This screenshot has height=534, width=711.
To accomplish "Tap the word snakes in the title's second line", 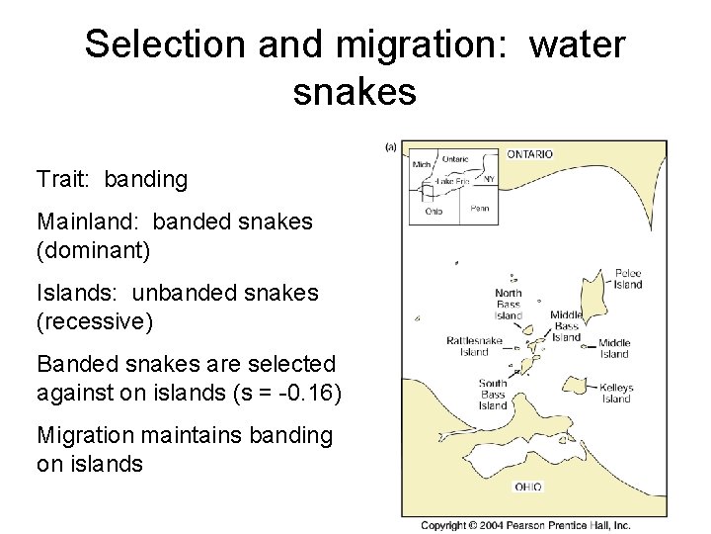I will pyautogui.click(x=355, y=92).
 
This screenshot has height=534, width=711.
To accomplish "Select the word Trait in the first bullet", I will pyautogui.click(x=62, y=179).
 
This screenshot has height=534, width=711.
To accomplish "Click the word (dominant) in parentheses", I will pyautogui.click(x=93, y=250).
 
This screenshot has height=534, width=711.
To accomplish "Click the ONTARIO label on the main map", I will pyautogui.click(x=530, y=154).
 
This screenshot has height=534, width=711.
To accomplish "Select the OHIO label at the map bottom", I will pyautogui.click(x=527, y=487).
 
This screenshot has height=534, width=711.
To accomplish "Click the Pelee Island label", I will pyautogui.click(x=627, y=279).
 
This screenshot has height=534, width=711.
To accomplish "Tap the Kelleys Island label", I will pyautogui.click(x=615, y=393).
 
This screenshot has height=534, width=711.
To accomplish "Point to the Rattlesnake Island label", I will pyautogui.click(x=474, y=346).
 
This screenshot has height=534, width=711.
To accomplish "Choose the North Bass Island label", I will pyautogui.click(x=508, y=304).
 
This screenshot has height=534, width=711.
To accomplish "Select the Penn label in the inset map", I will pyautogui.click(x=479, y=209).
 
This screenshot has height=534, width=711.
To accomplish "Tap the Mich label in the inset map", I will pyautogui.click(x=422, y=164).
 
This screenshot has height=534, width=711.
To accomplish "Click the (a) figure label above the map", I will pyautogui.click(x=390, y=146).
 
